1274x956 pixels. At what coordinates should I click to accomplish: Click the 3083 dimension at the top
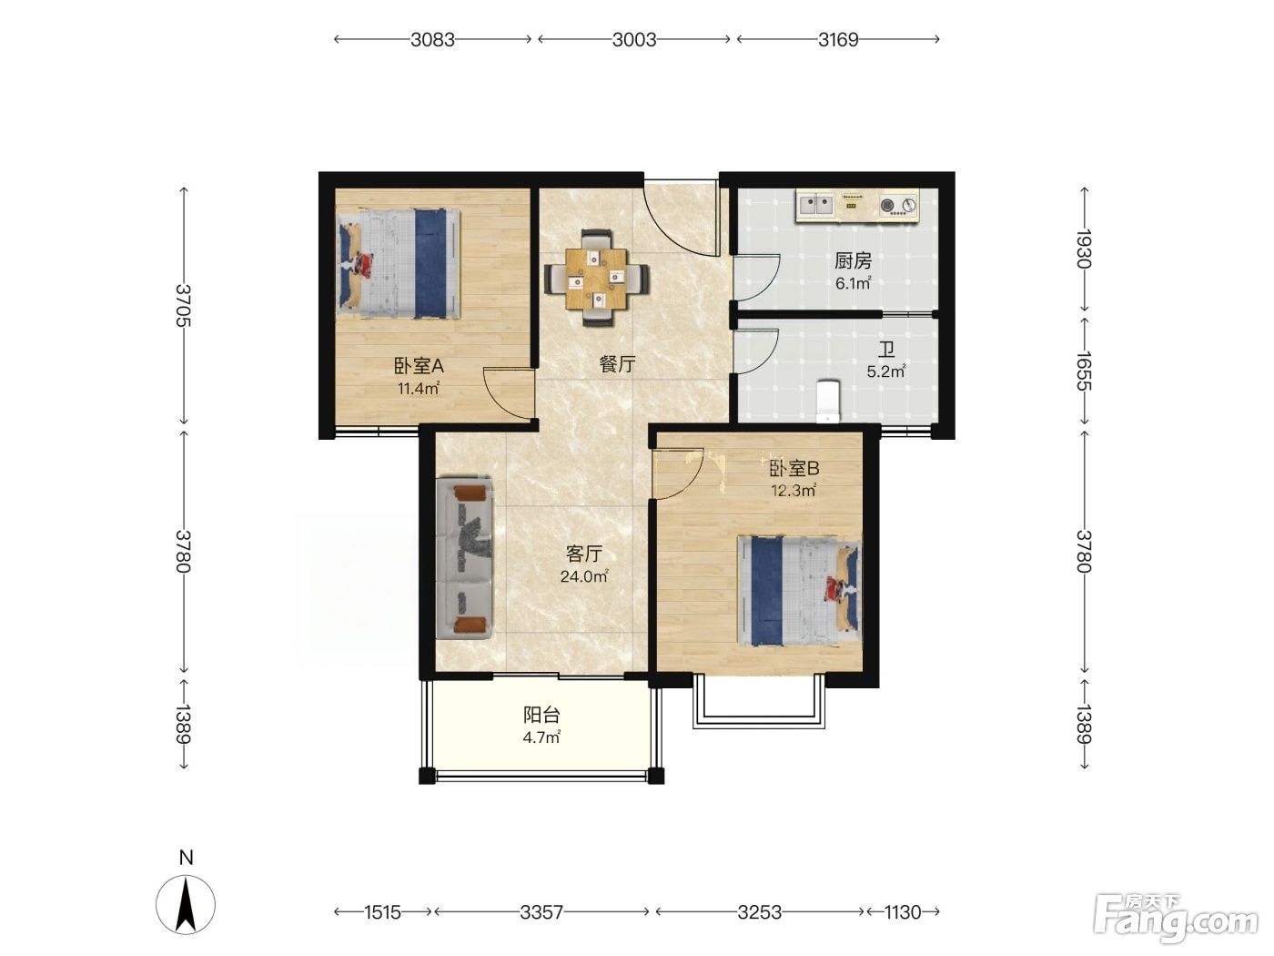[432, 39]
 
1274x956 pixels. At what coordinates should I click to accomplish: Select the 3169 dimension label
[838, 39]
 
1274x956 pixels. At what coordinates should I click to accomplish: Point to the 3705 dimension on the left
[184, 305]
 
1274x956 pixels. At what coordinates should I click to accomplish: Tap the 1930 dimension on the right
[1084, 249]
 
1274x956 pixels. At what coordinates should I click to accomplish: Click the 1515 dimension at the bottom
[382, 912]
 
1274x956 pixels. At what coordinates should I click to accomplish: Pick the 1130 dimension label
[903, 912]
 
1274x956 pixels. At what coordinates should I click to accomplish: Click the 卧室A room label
[420, 366]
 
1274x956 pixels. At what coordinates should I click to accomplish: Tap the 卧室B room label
[794, 468]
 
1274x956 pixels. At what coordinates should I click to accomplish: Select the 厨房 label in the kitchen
[853, 261]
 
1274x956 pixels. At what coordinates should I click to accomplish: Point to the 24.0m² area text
[584, 576]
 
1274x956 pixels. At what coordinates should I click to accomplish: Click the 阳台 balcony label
[541, 715]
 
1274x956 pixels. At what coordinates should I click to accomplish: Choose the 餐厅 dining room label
[617, 364]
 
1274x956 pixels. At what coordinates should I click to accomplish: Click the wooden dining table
[597, 278]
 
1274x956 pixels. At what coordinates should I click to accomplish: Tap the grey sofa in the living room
[464, 558]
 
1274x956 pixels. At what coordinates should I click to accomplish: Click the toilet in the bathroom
[828, 401]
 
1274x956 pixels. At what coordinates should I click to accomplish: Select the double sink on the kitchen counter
[816, 204]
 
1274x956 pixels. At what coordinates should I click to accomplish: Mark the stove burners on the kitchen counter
[899, 205]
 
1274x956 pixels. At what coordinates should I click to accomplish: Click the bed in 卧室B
[799, 591]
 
